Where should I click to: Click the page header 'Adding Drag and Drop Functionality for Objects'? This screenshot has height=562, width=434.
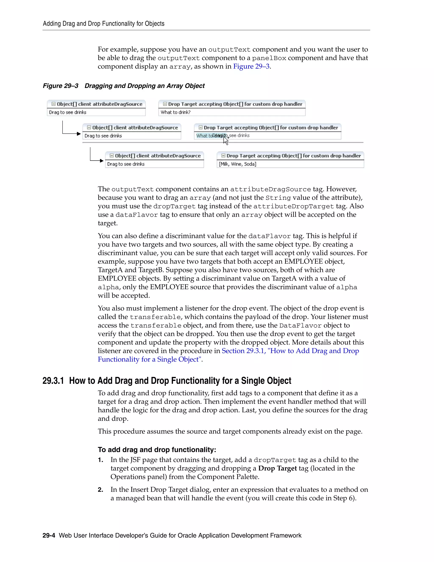[x=103, y=24]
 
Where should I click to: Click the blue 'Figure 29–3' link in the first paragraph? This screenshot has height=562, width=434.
[x=251, y=66]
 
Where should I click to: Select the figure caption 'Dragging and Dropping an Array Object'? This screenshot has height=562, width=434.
[x=145, y=86]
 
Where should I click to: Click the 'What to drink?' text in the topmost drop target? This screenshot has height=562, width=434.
[x=176, y=112]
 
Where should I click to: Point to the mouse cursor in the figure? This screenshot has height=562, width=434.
[x=225, y=140]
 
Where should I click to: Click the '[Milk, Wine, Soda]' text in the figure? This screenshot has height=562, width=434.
[x=237, y=164]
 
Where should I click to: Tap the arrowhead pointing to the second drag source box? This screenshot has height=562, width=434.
[x=79, y=134]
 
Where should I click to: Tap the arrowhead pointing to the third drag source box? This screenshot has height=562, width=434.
[x=102, y=161]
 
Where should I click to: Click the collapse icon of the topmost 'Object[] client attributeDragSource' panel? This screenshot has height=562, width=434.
[x=53, y=104]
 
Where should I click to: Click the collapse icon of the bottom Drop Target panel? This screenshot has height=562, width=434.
[x=223, y=156]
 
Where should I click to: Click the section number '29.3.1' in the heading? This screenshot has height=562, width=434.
[x=53, y=381]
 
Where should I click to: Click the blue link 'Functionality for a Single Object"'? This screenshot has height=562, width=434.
[x=150, y=359]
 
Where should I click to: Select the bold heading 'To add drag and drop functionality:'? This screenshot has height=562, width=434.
[x=157, y=450]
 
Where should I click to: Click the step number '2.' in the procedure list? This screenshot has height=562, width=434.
[x=100, y=490]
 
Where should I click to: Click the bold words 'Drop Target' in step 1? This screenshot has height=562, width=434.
[x=277, y=468]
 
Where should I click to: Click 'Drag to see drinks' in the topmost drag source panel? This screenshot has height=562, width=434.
[x=68, y=112]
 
